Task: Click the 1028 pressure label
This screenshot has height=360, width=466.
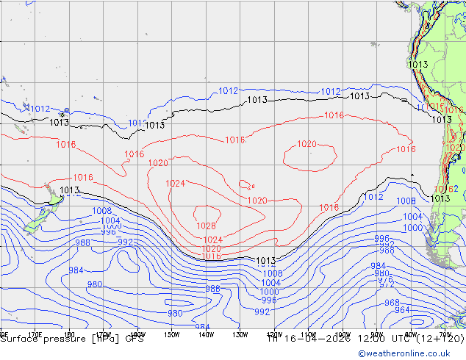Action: coord(206,226)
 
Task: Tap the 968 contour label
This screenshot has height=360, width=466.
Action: coord(392,303)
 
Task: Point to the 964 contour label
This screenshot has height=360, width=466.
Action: coord(402,310)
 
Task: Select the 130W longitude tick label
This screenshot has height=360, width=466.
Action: coord(240,334)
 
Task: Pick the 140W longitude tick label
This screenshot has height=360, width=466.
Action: coord(206,334)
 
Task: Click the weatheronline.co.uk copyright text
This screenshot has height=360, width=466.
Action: coord(412,353)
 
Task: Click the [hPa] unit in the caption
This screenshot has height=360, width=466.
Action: coord(105,339)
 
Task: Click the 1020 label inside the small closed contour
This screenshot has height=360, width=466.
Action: coord(307,144)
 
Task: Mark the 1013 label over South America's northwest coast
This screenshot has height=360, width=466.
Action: coord(417,65)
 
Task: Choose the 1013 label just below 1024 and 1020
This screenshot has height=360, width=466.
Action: coord(265,261)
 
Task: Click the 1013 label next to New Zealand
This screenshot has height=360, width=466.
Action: coord(69,190)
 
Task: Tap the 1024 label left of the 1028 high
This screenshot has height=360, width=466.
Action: coord(175,183)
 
